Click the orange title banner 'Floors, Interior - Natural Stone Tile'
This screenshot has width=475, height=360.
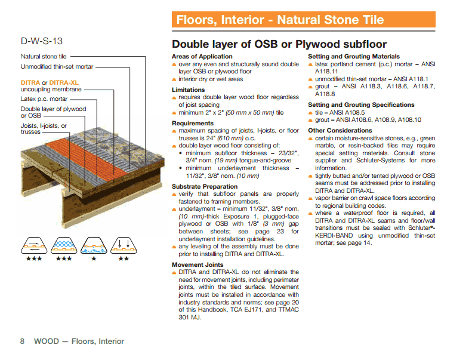(x=280, y=20)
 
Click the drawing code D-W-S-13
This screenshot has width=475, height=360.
(x=41, y=41)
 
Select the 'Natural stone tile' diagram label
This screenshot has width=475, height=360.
(x=44, y=57)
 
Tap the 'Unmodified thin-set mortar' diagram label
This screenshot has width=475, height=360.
(x=57, y=67)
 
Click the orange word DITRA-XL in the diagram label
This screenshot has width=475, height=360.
(x=64, y=82)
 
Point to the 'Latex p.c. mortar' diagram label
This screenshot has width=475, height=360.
(x=44, y=99)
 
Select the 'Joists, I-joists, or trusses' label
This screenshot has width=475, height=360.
(x=44, y=129)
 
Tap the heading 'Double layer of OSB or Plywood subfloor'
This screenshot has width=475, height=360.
(x=279, y=44)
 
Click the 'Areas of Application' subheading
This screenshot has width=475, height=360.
(x=202, y=57)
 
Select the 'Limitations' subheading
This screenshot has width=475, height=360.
(x=188, y=90)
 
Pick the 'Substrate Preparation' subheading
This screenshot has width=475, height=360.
(x=205, y=187)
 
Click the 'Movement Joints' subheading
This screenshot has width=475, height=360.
(x=198, y=264)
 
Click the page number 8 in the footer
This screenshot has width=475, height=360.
(x=22, y=341)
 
